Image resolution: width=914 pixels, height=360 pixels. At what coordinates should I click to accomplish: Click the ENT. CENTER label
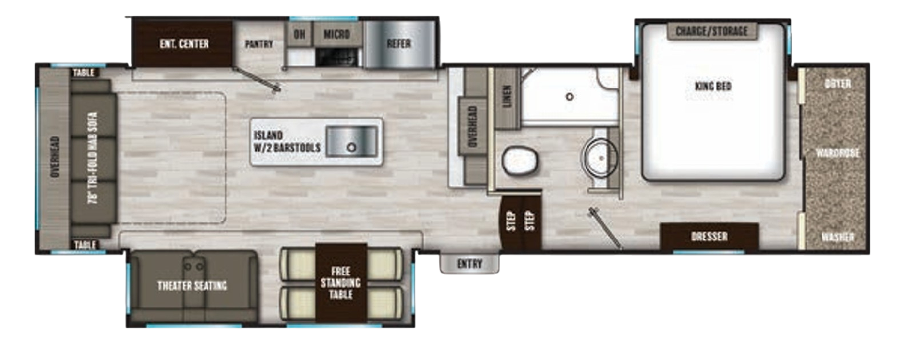tap(183, 44)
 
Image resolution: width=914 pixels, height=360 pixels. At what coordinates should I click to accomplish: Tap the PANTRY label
tap(259, 44)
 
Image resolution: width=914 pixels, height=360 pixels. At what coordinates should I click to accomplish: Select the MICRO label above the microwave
tap(336, 35)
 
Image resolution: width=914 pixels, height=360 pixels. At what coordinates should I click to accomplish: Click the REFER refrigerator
tap(398, 44)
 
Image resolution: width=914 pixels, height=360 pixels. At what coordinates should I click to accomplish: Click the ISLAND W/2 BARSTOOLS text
tap(286, 142)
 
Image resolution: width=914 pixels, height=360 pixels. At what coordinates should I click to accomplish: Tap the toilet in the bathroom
tap(519, 160)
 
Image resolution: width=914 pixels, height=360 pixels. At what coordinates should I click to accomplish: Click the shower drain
tap(569, 97)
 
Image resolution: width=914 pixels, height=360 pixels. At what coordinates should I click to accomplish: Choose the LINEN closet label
tap(506, 96)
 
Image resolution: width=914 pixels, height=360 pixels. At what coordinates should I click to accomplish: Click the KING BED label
tap(713, 86)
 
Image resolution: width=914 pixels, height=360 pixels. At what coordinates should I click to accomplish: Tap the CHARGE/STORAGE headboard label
tap(712, 31)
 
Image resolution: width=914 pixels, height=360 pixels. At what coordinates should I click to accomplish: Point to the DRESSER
tap(709, 236)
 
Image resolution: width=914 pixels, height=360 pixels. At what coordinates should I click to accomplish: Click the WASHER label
tap(837, 237)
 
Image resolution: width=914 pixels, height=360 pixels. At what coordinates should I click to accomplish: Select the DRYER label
tap(838, 84)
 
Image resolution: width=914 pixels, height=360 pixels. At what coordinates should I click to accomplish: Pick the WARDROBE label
tap(837, 153)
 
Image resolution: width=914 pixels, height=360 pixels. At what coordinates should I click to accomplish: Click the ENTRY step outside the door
tap(469, 264)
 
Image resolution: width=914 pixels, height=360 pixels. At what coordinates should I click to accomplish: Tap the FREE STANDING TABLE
tap(341, 283)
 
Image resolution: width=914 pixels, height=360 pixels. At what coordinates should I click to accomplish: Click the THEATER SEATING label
tap(192, 286)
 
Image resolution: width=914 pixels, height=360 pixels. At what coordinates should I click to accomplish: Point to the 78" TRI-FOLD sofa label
tap(93, 157)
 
